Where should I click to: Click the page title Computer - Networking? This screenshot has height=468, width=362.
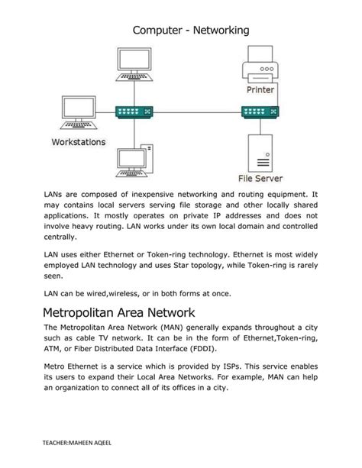191,30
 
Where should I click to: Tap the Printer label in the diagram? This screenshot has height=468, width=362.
260,89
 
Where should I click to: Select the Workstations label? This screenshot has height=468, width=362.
79,142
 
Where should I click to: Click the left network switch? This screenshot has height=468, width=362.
134,111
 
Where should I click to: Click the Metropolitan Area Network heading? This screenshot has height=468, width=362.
120,312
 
